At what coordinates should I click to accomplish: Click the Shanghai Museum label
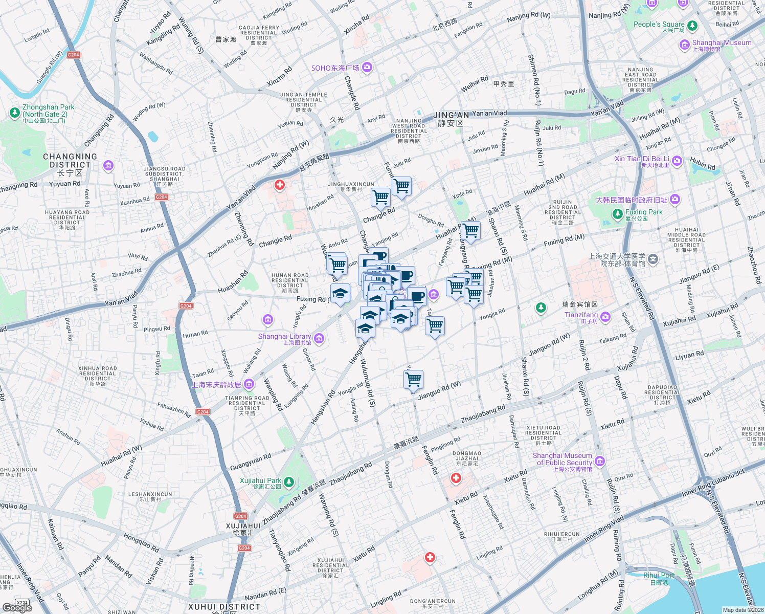click(x=722, y=43)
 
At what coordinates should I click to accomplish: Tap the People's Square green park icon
click(x=692, y=25)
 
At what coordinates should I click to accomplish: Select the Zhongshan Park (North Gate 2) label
click(x=48, y=111)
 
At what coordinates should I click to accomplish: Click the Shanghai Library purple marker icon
click(x=320, y=338)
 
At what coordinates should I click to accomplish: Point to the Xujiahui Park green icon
click(x=289, y=481)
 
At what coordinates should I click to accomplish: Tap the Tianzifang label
click(x=581, y=315)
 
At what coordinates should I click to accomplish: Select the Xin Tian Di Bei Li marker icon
click(x=677, y=161)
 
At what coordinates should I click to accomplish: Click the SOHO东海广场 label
click(x=335, y=68)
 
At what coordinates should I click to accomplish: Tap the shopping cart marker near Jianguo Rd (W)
click(x=413, y=380)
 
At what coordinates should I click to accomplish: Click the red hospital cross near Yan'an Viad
click(x=279, y=185)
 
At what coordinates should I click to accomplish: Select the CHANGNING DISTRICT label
click(x=70, y=161)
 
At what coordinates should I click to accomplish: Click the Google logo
click(x=17, y=607)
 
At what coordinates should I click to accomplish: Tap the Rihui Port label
click(x=658, y=575)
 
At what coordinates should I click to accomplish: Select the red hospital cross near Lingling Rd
click(x=430, y=557)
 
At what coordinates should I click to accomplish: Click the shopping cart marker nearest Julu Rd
click(x=401, y=186)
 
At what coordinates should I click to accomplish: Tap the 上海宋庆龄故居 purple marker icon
click(x=249, y=384)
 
